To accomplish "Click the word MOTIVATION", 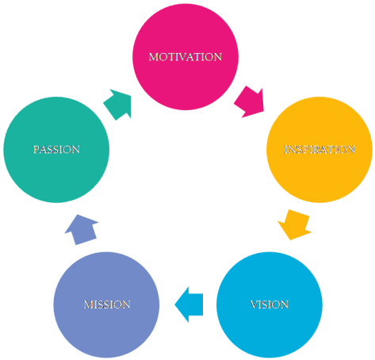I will (186, 57).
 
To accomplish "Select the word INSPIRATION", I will (320, 149).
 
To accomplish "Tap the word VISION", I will (269, 304).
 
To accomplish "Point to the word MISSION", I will (107, 304).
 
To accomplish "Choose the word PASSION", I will (56, 149).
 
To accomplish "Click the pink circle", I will (186, 79).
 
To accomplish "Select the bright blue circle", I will (269, 325).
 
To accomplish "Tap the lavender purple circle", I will (107, 325).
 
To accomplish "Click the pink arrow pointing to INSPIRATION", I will (250, 101).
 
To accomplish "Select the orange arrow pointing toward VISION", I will (294, 224).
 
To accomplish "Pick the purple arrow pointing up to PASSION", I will (81, 231).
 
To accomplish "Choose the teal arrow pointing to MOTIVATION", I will (118, 104).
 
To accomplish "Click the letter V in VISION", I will (253, 304).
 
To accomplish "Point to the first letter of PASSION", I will (36, 149).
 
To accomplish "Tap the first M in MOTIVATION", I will (153, 57).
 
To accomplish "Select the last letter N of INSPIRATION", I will (351, 149).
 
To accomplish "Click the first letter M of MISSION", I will (87, 304).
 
